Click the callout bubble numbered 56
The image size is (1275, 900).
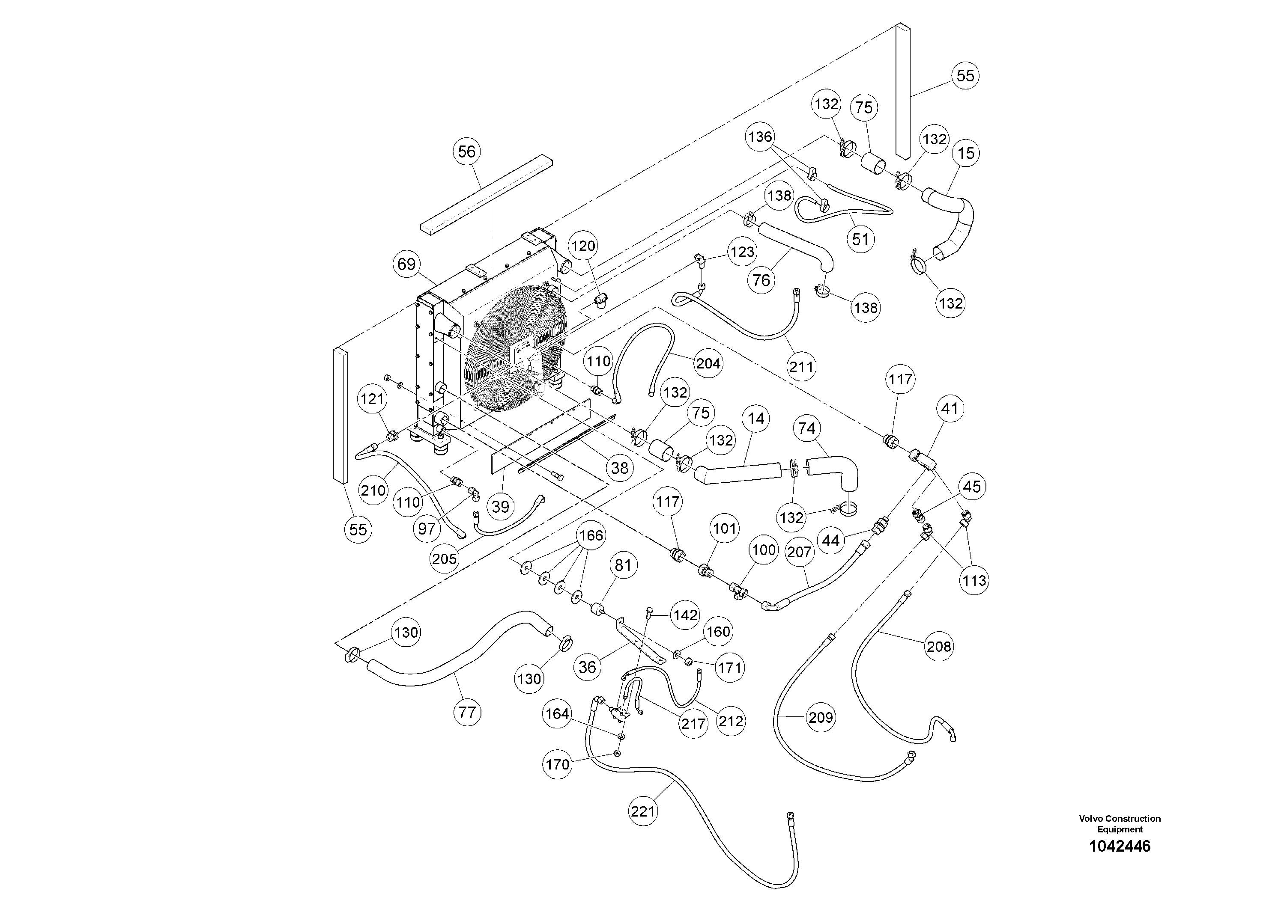(x=466, y=151)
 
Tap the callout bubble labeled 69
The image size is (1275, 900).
(x=406, y=264)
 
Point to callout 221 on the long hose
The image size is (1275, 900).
(x=643, y=812)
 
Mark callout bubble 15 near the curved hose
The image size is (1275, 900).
(x=966, y=153)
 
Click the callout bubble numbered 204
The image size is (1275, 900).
(x=708, y=363)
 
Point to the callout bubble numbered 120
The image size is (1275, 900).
(x=583, y=246)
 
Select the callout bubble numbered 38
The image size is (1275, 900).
(x=620, y=468)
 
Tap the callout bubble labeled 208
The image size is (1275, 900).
(x=938, y=646)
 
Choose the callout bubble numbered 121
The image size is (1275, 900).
(x=373, y=398)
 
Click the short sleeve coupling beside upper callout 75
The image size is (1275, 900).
(x=872, y=165)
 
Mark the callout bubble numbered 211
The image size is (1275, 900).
(x=801, y=366)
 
